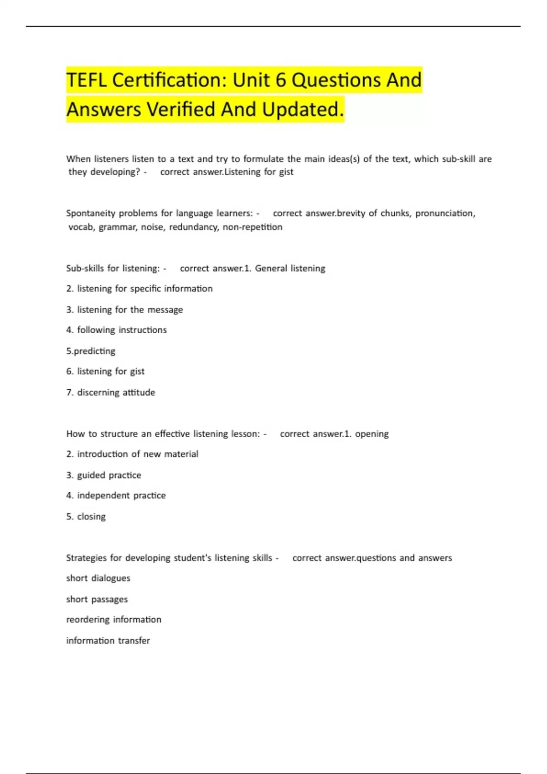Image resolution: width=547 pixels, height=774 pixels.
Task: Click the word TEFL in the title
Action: pos(87,81)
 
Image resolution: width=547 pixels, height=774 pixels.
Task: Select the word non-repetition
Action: pos(253,227)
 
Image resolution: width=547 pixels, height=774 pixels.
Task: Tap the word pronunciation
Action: pos(445,214)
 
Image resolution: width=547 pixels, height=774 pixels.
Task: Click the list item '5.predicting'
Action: pos(91,351)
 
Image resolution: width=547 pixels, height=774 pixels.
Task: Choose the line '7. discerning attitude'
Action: pos(111,392)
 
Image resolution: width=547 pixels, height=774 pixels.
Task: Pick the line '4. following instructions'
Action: pos(116,330)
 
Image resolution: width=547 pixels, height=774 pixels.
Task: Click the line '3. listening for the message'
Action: pos(124,310)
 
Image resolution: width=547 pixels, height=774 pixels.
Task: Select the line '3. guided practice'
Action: pos(103,475)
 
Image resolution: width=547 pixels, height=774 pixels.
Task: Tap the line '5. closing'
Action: pos(86,517)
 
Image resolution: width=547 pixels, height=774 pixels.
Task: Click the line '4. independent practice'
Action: pos(116,495)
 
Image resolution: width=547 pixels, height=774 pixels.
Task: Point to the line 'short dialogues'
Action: pos(98,578)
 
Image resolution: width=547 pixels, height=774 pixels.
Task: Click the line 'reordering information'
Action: pos(114,620)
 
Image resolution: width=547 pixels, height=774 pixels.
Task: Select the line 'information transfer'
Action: pos(108,641)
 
